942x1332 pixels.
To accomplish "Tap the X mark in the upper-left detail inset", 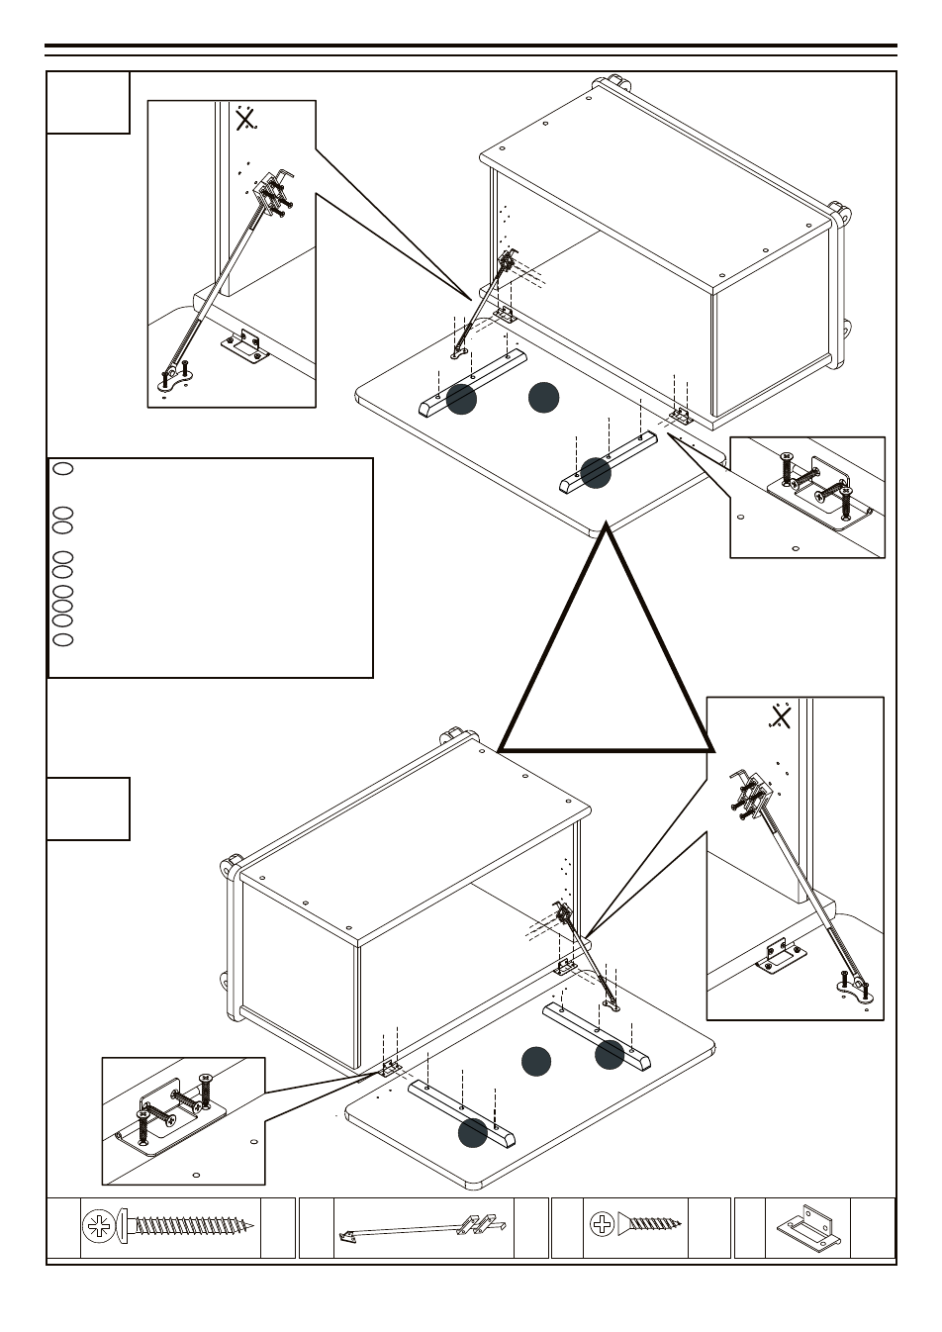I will pos(244,121).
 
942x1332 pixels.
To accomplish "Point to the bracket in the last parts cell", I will pos(809,1227).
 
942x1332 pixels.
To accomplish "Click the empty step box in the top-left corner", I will pos(88,102).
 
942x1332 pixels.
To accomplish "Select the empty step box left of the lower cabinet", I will pos(88,809).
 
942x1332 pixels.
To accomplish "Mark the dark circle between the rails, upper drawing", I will pos(543,397).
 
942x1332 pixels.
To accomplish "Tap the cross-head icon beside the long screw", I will pos(99,1227).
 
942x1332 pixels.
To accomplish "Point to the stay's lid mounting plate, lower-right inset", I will pos(854,988).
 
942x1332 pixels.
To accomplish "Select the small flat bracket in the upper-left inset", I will pos(242,347).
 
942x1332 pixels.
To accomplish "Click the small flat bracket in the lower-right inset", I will pos(779,956).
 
